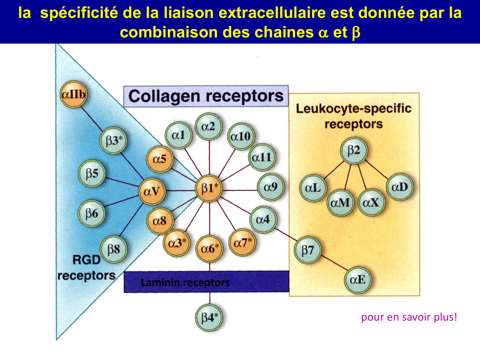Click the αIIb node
coord(74,94)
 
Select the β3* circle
coord(114,141)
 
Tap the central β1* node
coord(209,189)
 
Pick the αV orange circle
coord(152,191)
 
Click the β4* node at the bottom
coord(209,318)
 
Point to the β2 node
coord(354,150)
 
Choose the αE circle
coord(358,280)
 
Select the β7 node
coord(308,250)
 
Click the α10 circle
coord(241,137)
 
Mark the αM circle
coord(340,203)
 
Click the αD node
coord(400,187)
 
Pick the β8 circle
coord(114,249)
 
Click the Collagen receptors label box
coord(206,96)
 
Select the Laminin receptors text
coord(185,283)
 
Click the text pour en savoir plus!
coord(409,317)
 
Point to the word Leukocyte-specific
coord(353,109)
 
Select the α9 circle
coord(270,187)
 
